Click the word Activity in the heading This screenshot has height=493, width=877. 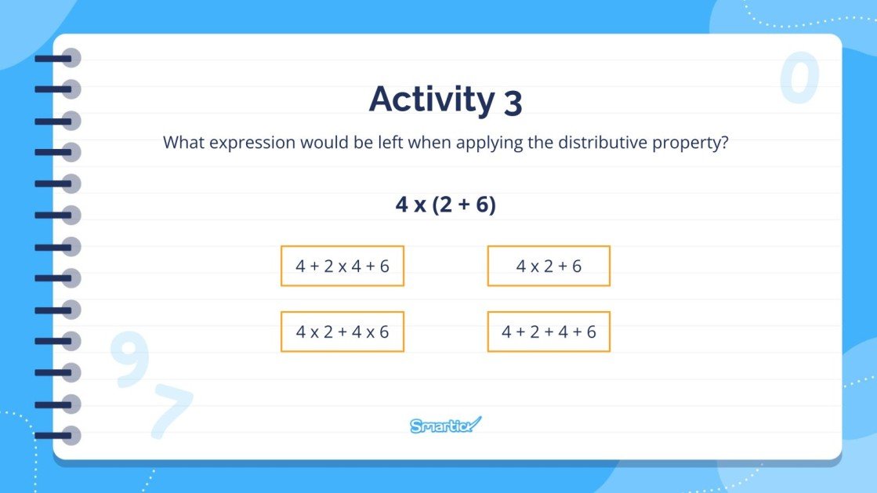(x=431, y=99)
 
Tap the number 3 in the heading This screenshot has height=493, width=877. (x=513, y=103)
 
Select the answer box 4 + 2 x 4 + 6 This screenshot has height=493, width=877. (x=342, y=266)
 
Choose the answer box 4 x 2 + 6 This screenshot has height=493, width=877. (x=549, y=266)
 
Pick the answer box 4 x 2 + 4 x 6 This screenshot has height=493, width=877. (x=342, y=332)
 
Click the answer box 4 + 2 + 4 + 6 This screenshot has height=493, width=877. (x=549, y=332)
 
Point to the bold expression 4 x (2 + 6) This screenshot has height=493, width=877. (x=445, y=205)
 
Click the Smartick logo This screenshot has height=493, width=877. (x=445, y=426)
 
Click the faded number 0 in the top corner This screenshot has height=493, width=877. (x=799, y=79)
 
